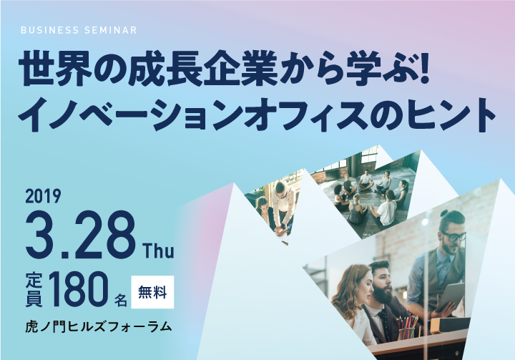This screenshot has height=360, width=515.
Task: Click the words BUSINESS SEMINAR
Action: pos(79,30)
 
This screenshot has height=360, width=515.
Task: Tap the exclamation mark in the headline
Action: pos(424,68)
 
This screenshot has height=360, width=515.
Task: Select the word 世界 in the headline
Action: pos(54,69)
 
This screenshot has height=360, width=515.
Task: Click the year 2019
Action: pos(43,196)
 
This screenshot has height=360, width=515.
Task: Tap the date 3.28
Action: pos(80,235)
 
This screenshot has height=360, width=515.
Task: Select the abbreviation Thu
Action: pos(158,250)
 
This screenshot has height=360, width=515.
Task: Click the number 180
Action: pos(79,289)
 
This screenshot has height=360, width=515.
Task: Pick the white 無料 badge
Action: pos(152,292)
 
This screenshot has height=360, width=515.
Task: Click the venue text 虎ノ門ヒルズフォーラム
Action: pos(99,326)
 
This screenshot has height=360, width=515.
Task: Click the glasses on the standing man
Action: pos(455,236)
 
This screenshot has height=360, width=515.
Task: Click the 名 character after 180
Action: pos(120,299)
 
